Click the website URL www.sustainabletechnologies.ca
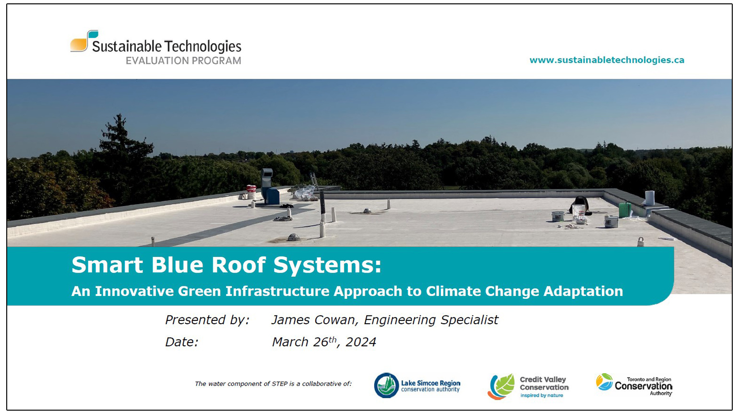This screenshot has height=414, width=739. (x=607, y=60)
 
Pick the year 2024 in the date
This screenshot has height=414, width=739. (x=361, y=342)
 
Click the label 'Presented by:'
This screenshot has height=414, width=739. (x=207, y=320)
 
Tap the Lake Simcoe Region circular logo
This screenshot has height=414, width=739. (x=386, y=385)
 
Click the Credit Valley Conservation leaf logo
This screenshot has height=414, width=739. (x=501, y=387)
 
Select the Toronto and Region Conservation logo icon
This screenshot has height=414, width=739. (x=604, y=382)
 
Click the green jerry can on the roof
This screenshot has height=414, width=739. (x=624, y=210)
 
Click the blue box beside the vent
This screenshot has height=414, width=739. (x=272, y=196)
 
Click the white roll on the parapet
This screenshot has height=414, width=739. (x=650, y=197)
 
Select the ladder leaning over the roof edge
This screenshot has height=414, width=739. (x=314, y=181)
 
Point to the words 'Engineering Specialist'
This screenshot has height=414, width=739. (x=431, y=320)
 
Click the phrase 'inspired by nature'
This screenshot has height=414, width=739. (x=542, y=396)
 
